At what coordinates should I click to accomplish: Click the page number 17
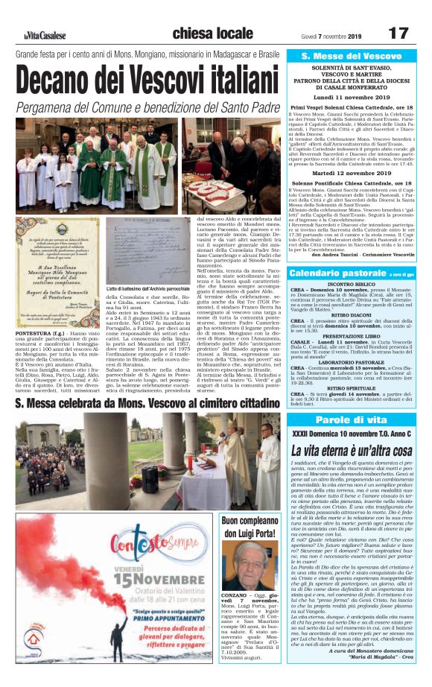pyautogui.click(x=398, y=34)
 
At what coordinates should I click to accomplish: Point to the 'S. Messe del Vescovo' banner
pyautogui.click(x=351, y=57)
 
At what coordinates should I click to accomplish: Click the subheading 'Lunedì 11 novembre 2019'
pyautogui.click(x=351, y=97)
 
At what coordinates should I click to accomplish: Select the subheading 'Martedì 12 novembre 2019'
pyautogui.click(x=351, y=175)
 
